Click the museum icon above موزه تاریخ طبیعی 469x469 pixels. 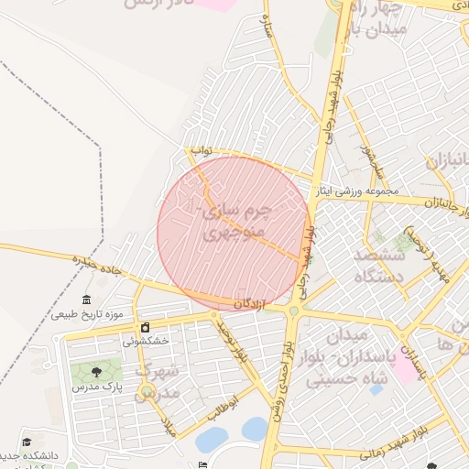pos(87,300)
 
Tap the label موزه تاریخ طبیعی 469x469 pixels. pos(86,314)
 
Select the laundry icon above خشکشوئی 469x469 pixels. pos(145,327)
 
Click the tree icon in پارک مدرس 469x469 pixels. pos(96,372)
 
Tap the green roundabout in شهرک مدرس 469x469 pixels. pos(147,394)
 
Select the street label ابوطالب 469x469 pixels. pos(222,406)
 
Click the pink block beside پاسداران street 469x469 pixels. pos(403,368)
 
